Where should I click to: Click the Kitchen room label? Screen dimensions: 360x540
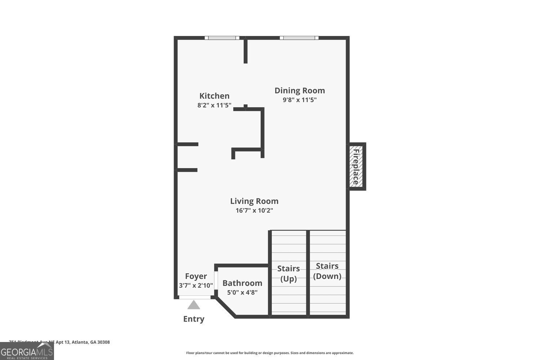(x=214, y=96)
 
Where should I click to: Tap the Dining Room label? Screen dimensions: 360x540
(x=300, y=91)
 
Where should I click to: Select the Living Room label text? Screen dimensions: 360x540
(x=254, y=201)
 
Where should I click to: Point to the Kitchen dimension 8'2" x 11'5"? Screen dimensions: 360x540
(x=214, y=105)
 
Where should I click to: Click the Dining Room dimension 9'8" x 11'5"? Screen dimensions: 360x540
(x=300, y=100)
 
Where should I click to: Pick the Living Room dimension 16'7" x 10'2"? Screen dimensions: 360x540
(x=254, y=211)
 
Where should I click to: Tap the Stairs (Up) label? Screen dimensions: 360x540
(x=288, y=274)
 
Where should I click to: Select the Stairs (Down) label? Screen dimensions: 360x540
(x=327, y=271)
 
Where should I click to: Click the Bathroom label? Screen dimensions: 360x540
(x=242, y=283)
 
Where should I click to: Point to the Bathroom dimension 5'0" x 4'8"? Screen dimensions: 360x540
(x=242, y=293)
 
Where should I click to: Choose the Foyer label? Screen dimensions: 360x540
(x=196, y=276)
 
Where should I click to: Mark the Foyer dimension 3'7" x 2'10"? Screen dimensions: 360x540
(x=196, y=285)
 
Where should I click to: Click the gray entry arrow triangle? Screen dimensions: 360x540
(x=194, y=306)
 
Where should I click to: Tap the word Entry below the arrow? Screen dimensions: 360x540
(x=194, y=319)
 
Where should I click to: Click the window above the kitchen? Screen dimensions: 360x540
(x=222, y=38)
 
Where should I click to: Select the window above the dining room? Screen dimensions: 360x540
(x=299, y=38)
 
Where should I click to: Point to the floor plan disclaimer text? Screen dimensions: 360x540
(x=270, y=353)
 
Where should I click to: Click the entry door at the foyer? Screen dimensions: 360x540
(x=195, y=297)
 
